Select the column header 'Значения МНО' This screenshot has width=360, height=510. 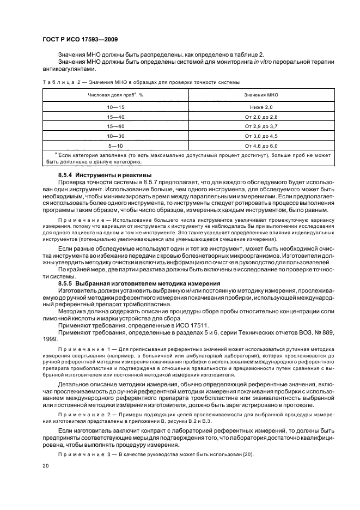[x=261, y=94]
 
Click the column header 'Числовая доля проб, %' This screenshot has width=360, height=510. [x=115, y=94]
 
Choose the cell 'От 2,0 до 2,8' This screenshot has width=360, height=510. [x=261, y=117]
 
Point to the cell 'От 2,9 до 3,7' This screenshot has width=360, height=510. [x=261, y=126]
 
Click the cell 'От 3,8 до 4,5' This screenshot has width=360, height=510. [x=261, y=136]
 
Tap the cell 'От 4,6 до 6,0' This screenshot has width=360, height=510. [x=261, y=145]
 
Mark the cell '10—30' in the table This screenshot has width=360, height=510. [x=115, y=136]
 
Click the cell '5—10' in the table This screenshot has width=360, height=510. [x=115, y=145]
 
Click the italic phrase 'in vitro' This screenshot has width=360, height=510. [x=263, y=62]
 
